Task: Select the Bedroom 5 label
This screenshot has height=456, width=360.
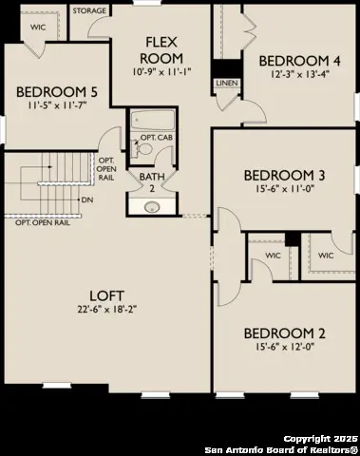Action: click(x=56, y=93)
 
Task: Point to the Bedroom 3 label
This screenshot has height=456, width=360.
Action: click(x=285, y=175)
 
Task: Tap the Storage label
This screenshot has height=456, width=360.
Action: click(x=89, y=10)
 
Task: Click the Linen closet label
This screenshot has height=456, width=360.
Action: click(x=226, y=84)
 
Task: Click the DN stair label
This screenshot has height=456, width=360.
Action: click(x=87, y=200)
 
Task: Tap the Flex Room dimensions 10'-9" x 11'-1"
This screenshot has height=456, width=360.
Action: click(x=170, y=69)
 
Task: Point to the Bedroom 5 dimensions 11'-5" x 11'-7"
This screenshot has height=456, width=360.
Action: click(x=56, y=107)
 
